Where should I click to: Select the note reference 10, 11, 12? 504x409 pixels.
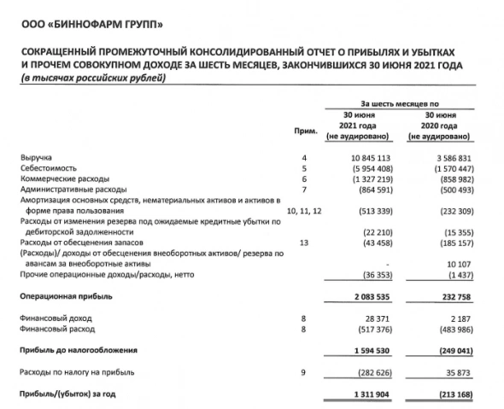303,209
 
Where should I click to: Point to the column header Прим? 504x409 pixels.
303,131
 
